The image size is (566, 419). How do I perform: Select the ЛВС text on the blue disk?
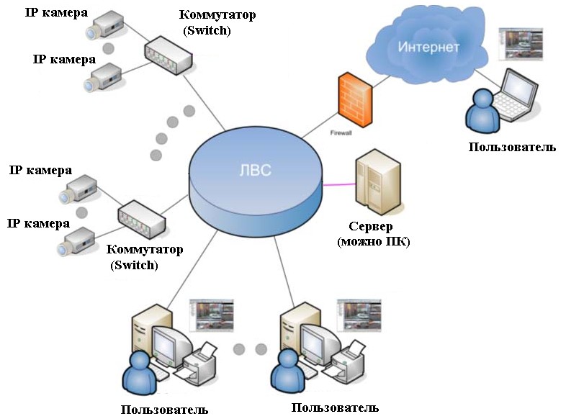253,170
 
